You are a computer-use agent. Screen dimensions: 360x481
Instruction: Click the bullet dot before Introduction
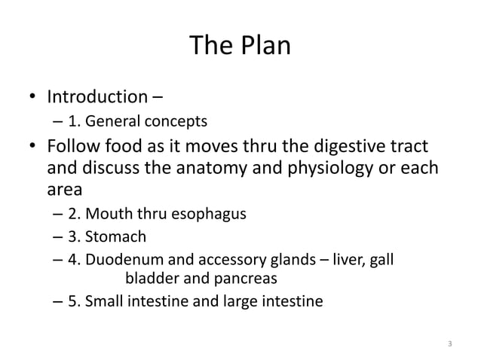point(32,98)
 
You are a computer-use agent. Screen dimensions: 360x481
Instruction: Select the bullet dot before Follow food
point(32,144)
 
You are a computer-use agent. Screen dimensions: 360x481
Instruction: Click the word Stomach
point(115,237)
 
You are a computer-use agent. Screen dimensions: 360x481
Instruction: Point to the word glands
point(291,261)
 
